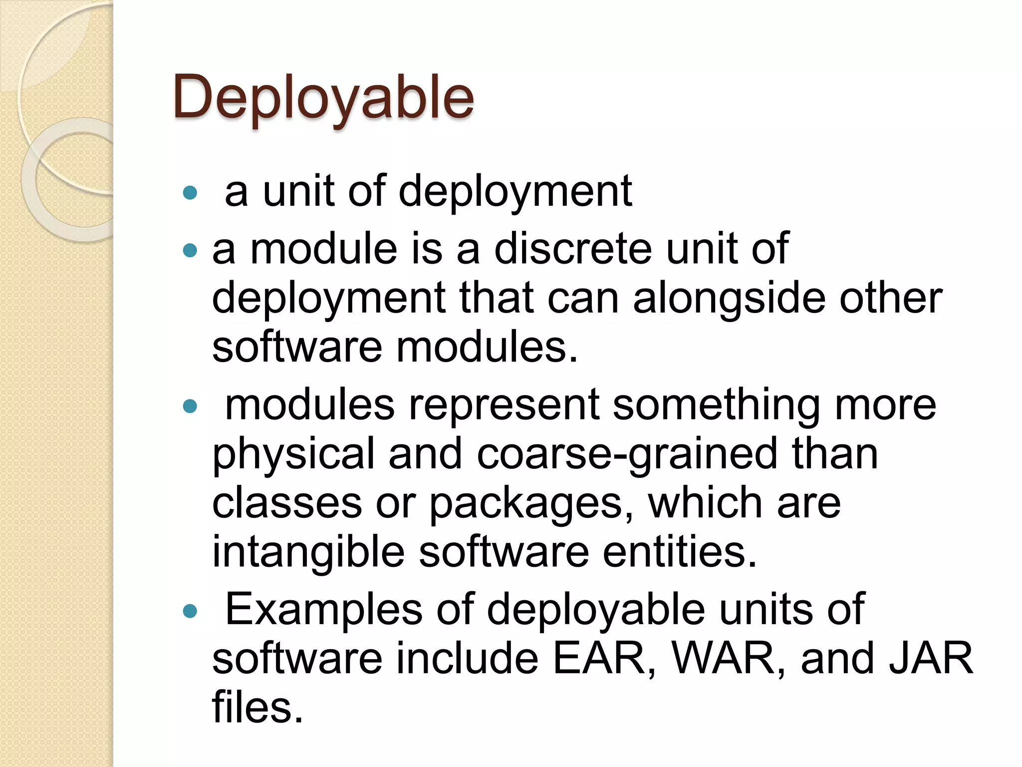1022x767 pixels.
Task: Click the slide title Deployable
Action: click(x=323, y=97)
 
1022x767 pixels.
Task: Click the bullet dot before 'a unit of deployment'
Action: click(x=190, y=193)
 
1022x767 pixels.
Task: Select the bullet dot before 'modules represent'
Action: click(x=190, y=406)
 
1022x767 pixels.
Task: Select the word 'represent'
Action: click(x=504, y=404)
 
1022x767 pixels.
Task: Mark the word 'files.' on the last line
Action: click(x=257, y=707)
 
